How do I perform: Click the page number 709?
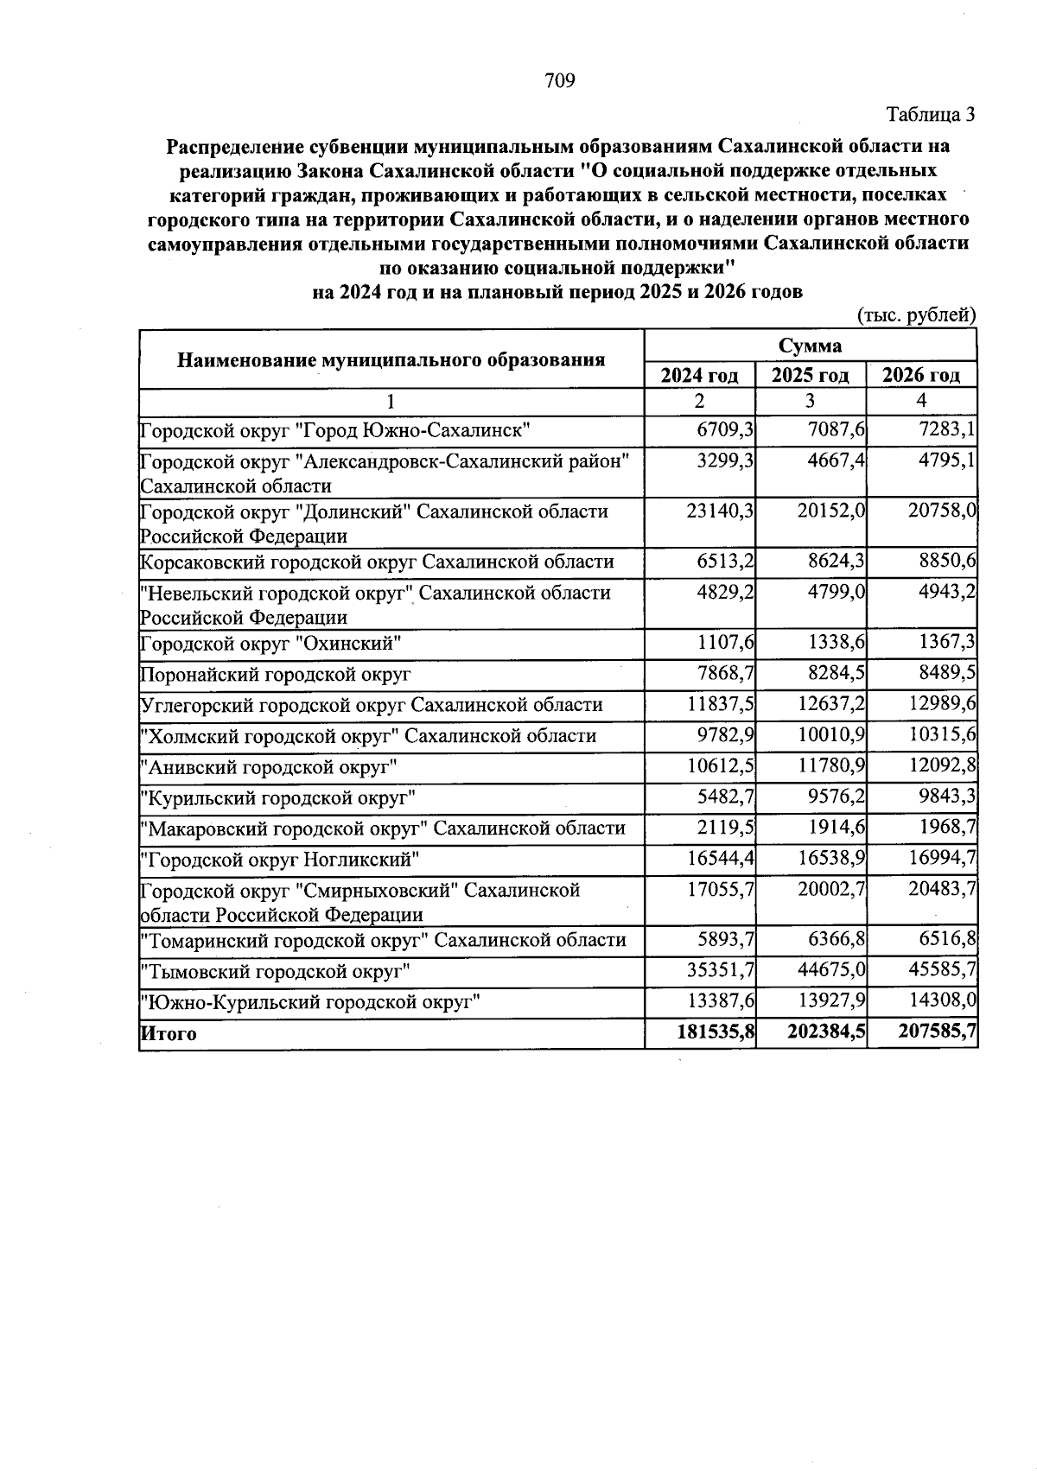coord(560,81)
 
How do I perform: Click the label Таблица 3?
coord(931,114)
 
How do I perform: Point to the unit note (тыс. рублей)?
coord(916,315)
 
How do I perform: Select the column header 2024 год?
coord(699,375)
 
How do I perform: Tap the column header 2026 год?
coord(921,375)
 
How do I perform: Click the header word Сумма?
coord(810,346)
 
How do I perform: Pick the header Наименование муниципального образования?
coord(391,359)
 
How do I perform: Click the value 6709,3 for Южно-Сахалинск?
coord(725,429)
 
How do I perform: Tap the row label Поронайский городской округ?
coord(276,674)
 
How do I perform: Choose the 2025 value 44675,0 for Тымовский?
coord(831,970)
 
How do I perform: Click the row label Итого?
coord(169,1034)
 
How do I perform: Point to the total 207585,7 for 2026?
coord(938,1033)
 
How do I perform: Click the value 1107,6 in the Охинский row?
coord(726,643)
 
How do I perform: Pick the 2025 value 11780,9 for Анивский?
coord(831,766)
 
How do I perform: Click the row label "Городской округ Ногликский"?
coord(281,860)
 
